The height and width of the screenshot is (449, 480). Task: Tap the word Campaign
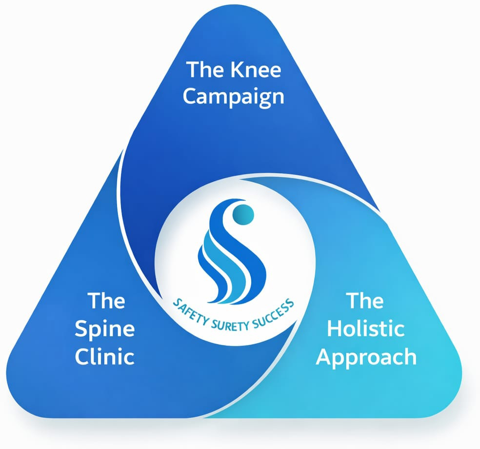pyautogui.click(x=233, y=96)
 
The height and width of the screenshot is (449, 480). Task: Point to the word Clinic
pyautogui.click(x=104, y=356)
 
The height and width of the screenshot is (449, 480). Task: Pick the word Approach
pyautogui.click(x=366, y=357)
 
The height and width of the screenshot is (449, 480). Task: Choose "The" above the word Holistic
pyautogui.click(x=365, y=301)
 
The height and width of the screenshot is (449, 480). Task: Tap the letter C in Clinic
pyautogui.click(x=81, y=356)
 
